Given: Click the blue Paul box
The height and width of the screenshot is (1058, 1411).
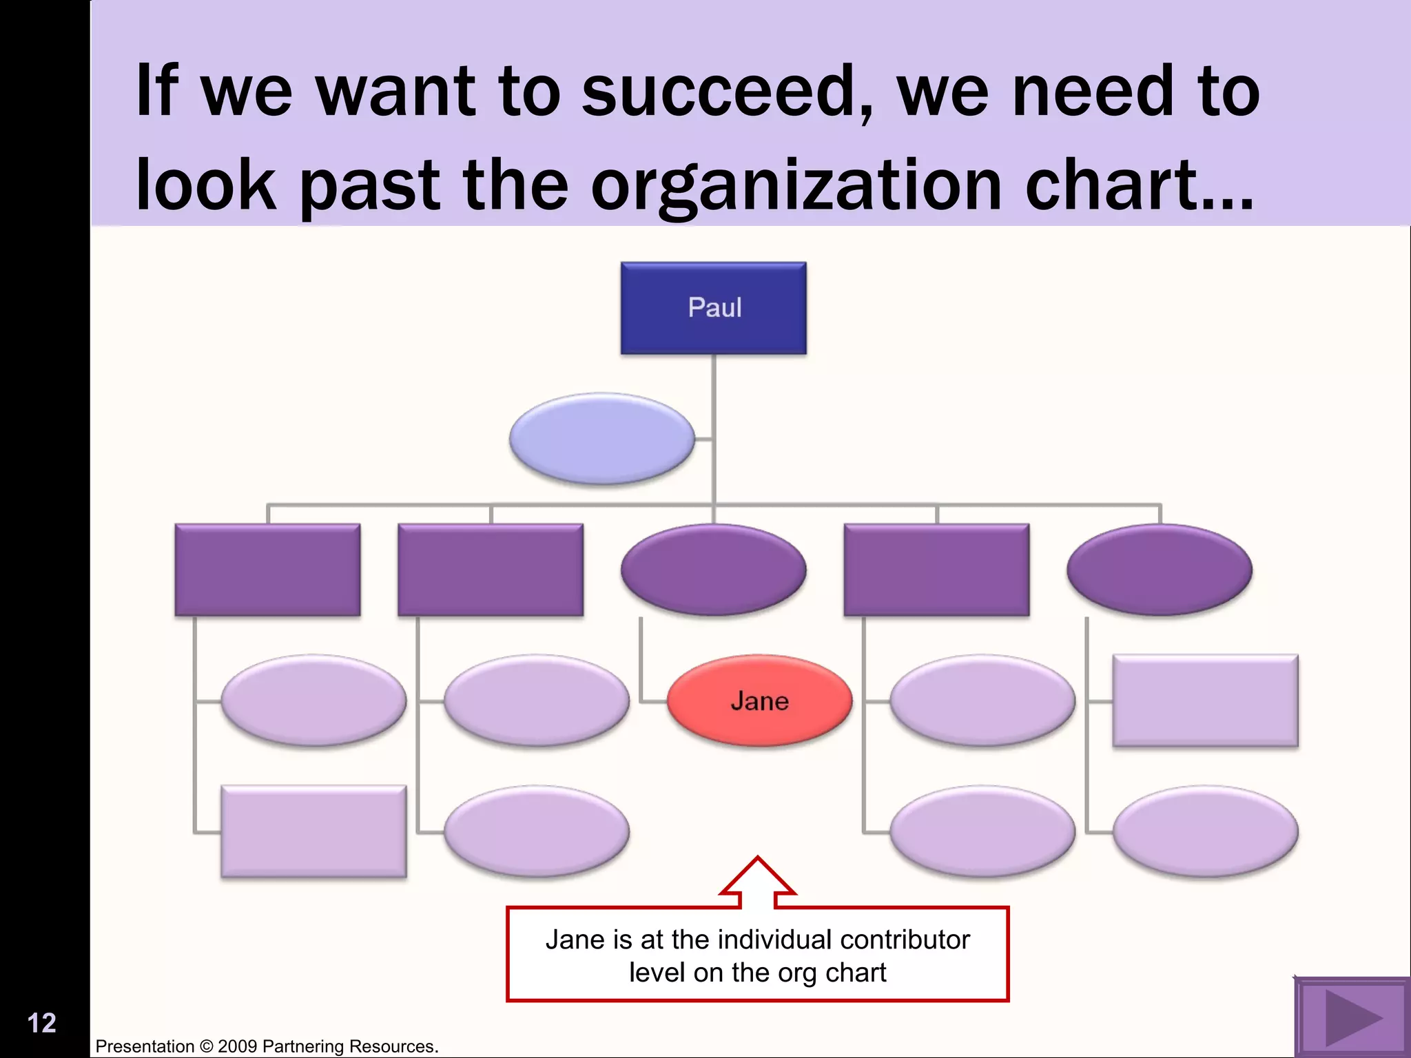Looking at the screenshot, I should (x=714, y=308).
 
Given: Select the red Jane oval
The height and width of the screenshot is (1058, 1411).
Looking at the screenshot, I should (x=759, y=701).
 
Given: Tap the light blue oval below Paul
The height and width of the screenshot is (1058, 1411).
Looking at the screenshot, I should (x=601, y=439).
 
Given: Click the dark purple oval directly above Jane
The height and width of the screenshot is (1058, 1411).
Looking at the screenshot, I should (x=714, y=570).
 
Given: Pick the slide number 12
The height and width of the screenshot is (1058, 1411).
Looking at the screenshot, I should (x=41, y=1023).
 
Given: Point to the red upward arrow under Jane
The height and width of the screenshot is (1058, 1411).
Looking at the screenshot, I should (x=758, y=882).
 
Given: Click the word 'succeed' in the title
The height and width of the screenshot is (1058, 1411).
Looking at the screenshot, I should (x=728, y=91).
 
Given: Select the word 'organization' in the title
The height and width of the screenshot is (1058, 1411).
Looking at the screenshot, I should (x=796, y=185).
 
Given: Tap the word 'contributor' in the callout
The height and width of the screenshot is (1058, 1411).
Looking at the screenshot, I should (x=905, y=940).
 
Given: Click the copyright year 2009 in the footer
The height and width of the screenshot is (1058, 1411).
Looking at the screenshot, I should (x=238, y=1046).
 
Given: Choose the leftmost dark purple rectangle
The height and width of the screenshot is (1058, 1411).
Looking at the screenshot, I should (x=267, y=570).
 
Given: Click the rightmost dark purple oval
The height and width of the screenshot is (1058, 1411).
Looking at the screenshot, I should (x=1160, y=570).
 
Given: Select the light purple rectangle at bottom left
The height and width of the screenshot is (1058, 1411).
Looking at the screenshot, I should (x=313, y=831).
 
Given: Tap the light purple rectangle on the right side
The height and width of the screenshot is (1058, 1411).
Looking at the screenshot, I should (x=1205, y=701).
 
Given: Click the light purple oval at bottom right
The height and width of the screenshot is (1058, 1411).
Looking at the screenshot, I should (x=1205, y=831).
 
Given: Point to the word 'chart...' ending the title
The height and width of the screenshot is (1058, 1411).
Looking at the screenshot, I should (x=1140, y=185).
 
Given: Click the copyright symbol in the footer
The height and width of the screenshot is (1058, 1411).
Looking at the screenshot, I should (x=206, y=1046).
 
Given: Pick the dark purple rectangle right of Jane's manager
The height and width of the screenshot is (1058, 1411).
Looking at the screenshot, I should (x=936, y=570).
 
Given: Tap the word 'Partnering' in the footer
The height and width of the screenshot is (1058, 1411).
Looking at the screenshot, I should (x=303, y=1046).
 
